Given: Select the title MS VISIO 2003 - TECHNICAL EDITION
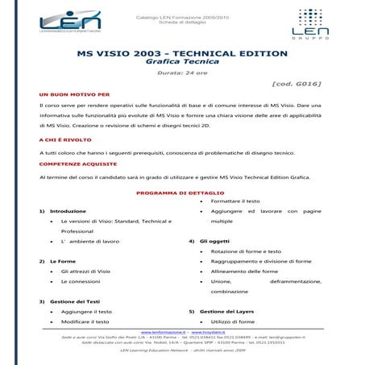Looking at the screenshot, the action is [181, 53].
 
